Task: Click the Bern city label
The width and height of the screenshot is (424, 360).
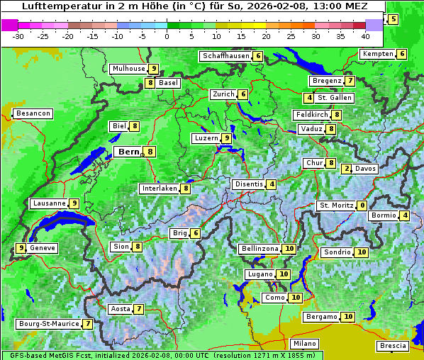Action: (128, 152)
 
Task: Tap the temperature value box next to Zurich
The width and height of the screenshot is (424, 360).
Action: (243, 94)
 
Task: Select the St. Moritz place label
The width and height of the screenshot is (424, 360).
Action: (336, 206)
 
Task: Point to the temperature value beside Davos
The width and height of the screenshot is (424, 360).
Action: (346, 169)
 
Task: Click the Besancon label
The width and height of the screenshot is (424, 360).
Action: (33, 113)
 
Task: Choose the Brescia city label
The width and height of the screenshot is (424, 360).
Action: (393, 346)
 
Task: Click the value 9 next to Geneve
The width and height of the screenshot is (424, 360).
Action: (21, 248)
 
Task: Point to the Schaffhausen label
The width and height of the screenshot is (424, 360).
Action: (225, 56)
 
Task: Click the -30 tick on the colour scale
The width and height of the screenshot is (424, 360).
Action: (18, 35)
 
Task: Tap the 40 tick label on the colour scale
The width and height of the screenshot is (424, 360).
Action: (365, 35)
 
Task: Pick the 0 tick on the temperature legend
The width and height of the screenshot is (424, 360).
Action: (167, 35)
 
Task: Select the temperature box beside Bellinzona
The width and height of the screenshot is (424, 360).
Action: (289, 249)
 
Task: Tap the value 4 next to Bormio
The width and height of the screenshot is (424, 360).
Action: (404, 215)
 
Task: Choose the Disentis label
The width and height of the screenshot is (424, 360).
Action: (248, 184)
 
